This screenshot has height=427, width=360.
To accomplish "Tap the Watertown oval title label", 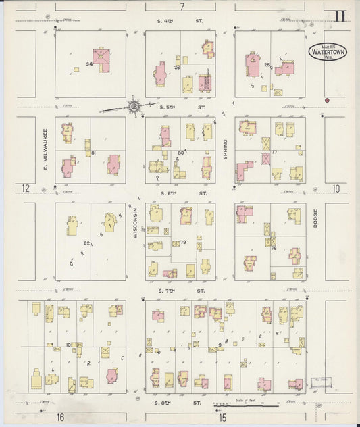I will click(x=328, y=51).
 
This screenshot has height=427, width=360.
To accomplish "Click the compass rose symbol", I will click(x=134, y=106).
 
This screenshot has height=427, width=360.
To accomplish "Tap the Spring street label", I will click(x=226, y=149).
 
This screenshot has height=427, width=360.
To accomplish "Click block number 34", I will click(x=88, y=65).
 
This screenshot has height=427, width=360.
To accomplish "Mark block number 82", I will click(x=86, y=243).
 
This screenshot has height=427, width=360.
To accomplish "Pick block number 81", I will click(x=94, y=153).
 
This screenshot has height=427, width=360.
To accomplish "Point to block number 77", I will click(x=275, y=152).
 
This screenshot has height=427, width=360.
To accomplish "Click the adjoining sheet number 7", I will click(x=182, y=7).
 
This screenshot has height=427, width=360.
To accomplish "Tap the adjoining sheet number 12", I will click(x=26, y=188).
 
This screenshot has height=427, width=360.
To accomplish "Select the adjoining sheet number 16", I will click(x=60, y=418).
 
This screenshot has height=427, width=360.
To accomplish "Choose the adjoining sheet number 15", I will click(x=222, y=418).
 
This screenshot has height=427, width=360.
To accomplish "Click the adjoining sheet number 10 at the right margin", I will click(x=336, y=188).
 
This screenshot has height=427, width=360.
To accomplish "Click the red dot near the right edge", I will click(x=326, y=100).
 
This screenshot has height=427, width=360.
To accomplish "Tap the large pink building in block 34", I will click(x=102, y=59).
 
